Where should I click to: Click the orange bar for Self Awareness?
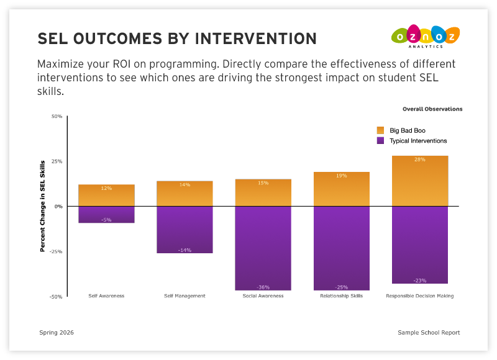(x=106, y=195)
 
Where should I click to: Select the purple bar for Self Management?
(x=185, y=230)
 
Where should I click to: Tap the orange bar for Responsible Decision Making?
(x=420, y=181)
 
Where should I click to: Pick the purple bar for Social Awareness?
(x=263, y=248)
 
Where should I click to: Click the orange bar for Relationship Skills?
(x=341, y=189)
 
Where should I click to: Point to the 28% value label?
(x=420, y=160)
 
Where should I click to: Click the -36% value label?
(x=263, y=287)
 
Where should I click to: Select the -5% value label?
(x=106, y=220)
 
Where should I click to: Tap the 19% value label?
(x=341, y=176)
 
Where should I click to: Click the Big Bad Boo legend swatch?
(x=380, y=130)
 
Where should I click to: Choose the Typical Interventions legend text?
(x=418, y=141)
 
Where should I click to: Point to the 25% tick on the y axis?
(x=57, y=161)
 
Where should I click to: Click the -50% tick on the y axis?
(x=57, y=297)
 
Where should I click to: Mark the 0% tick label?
(x=58, y=207)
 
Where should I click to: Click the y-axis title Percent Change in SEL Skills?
(x=43, y=206)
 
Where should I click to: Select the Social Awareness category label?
(x=263, y=296)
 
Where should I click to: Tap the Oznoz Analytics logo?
(x=426, y=37)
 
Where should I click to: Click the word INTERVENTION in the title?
(x=256, y=38)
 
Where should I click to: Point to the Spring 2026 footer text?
(x=57, y=333)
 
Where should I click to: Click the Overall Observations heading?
(x=432, y=109)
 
